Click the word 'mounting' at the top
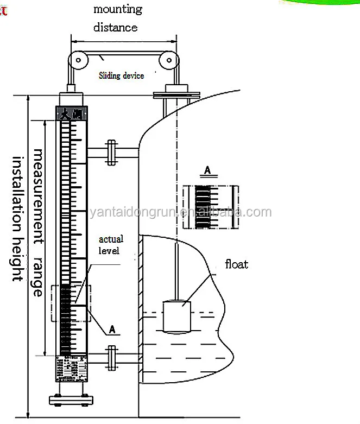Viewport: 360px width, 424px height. coord(117,9)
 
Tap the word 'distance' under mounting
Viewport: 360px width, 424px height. coord(115,27)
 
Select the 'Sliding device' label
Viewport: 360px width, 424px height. coord(121,75)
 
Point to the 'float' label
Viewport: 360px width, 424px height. coord(237,264)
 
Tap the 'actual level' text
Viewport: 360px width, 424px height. coord(111,244)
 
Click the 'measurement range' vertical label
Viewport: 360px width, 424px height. coord(37,223)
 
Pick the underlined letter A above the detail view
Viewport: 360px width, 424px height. coord(207,170)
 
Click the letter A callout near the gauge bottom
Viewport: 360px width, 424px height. coord(112,329)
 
